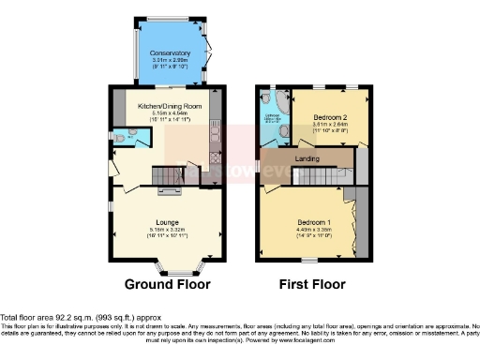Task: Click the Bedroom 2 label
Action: coord(324,117)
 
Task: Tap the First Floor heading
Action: coord(312,284)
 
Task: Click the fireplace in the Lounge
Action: coord(169,192)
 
